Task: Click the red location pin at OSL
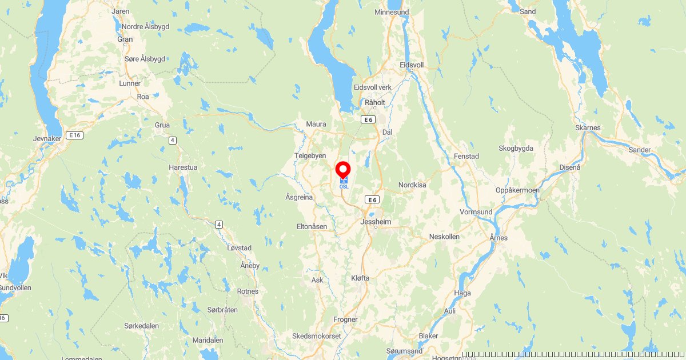[x=343, y=170]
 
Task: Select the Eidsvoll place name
[x=412, y=65]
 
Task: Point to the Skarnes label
[x=588, y=127]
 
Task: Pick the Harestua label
[x=183, y=167]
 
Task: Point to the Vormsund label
[x=476, y=211]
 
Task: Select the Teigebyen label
[x=310, y=155]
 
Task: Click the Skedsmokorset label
[x=316, y=336]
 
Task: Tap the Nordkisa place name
[x=413, y=185]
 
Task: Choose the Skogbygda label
[x=516, y=149]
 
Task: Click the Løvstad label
[x=239, y=248]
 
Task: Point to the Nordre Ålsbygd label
[x=143, y=26]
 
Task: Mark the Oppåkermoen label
[x=517, y=190]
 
